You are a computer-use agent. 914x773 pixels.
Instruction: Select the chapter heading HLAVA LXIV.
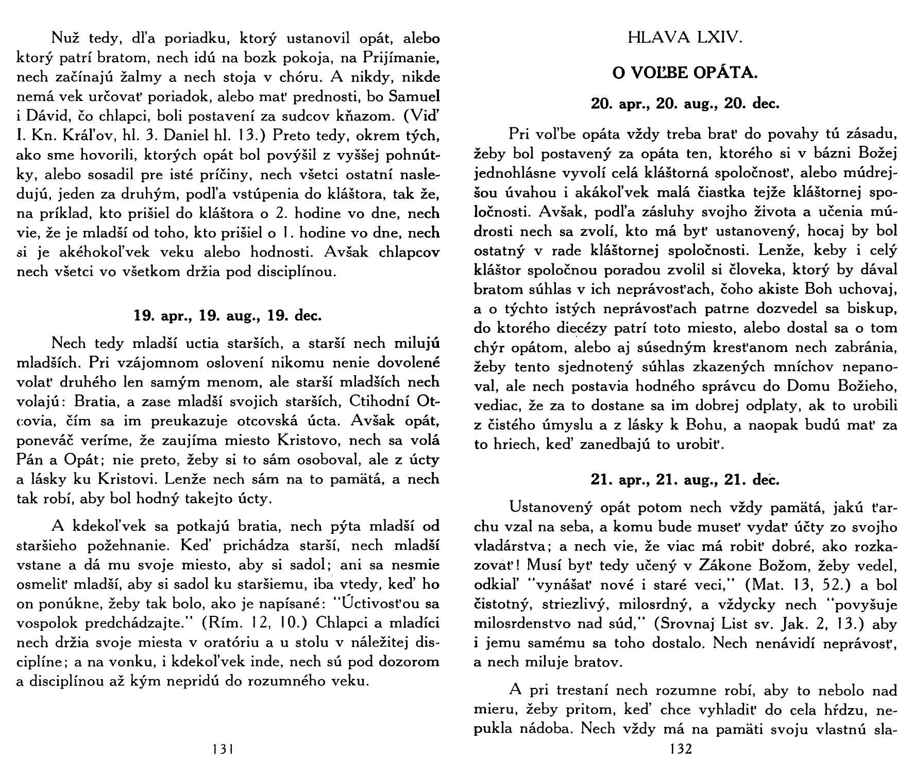(x=685, y=38)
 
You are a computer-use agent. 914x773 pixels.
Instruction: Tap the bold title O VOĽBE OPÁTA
(x=685, y=73)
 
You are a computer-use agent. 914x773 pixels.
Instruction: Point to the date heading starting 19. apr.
(x=227, y=315)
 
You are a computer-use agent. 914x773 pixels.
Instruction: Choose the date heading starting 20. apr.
(x=685, y=104)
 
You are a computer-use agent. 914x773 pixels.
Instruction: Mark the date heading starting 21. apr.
(x=685, y=480)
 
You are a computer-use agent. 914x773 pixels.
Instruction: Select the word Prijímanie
(x=401, y=58)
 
